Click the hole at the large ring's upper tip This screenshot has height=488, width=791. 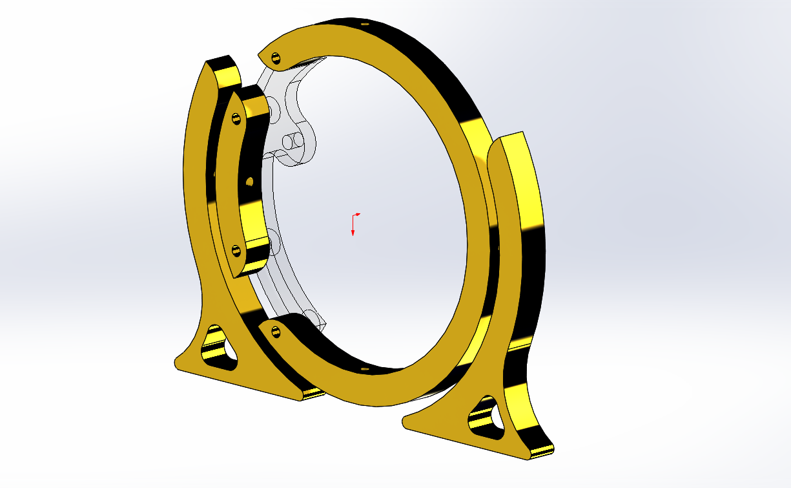[x=276, y=58]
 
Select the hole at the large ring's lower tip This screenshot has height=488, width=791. [x=276, y=332]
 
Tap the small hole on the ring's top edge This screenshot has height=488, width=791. [x=365, y=24]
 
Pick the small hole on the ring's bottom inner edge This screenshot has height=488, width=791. [x=365, y=369]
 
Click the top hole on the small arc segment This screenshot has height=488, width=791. [x=236, y=118]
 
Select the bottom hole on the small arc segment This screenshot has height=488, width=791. [x=236, y=248]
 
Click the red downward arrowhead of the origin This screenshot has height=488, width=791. [x=353, y=233]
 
